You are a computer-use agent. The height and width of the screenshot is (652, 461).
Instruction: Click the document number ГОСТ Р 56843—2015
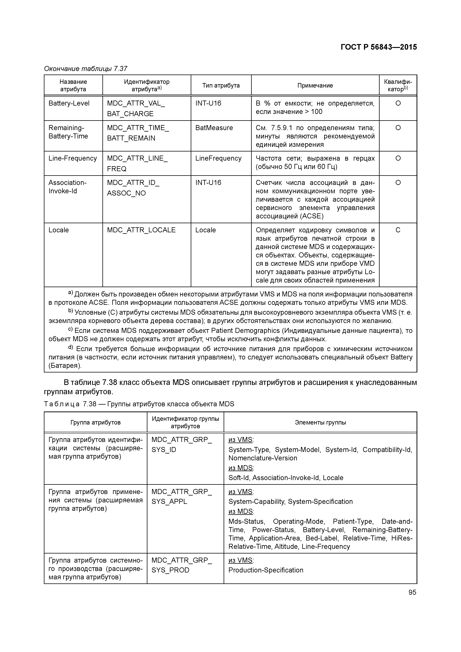(379, 47)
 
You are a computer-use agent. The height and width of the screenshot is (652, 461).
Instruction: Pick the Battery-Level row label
(69, 103)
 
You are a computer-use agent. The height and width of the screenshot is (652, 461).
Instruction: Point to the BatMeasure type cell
(214, 128)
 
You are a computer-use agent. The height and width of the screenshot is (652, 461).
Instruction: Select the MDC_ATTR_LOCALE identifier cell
(141, 230)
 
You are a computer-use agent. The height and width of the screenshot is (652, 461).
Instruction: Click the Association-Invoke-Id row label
(67, 187)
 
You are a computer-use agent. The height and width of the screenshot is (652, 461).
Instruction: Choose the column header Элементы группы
(320, 422)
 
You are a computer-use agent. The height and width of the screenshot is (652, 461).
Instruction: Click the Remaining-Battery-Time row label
(68, 132)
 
